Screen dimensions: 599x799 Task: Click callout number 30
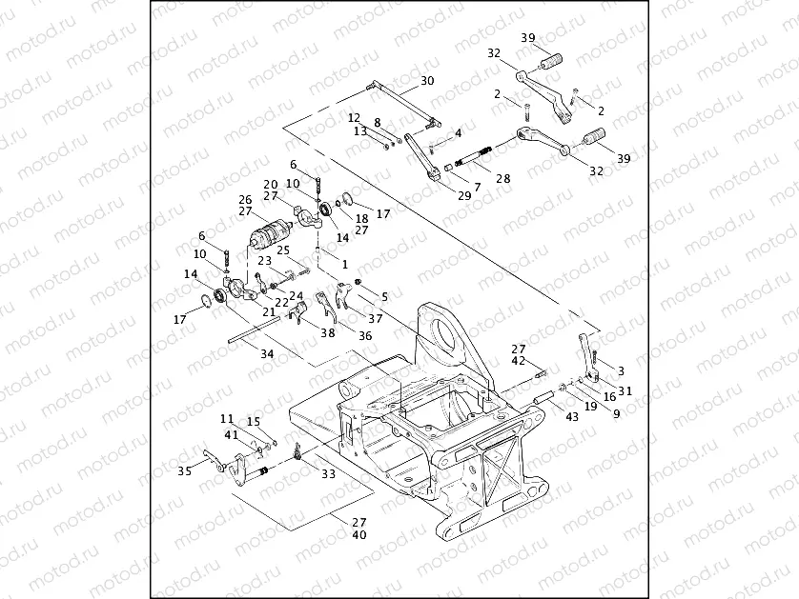click(x=426, y=81)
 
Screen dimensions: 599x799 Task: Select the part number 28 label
click(x=502, y=178)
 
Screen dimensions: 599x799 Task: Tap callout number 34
click(x=266, y=353)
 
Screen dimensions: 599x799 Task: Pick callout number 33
click(x=327, y=473)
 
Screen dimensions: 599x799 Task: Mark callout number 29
click(x=464, y=195)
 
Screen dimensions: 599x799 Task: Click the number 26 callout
click(x=246, y=199)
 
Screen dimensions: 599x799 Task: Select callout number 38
click(x=328, y=333)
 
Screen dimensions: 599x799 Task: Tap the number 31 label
click(x=625, y=389)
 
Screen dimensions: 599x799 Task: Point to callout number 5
click(x=384, y=297)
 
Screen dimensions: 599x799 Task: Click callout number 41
click(x=232, y=434)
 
